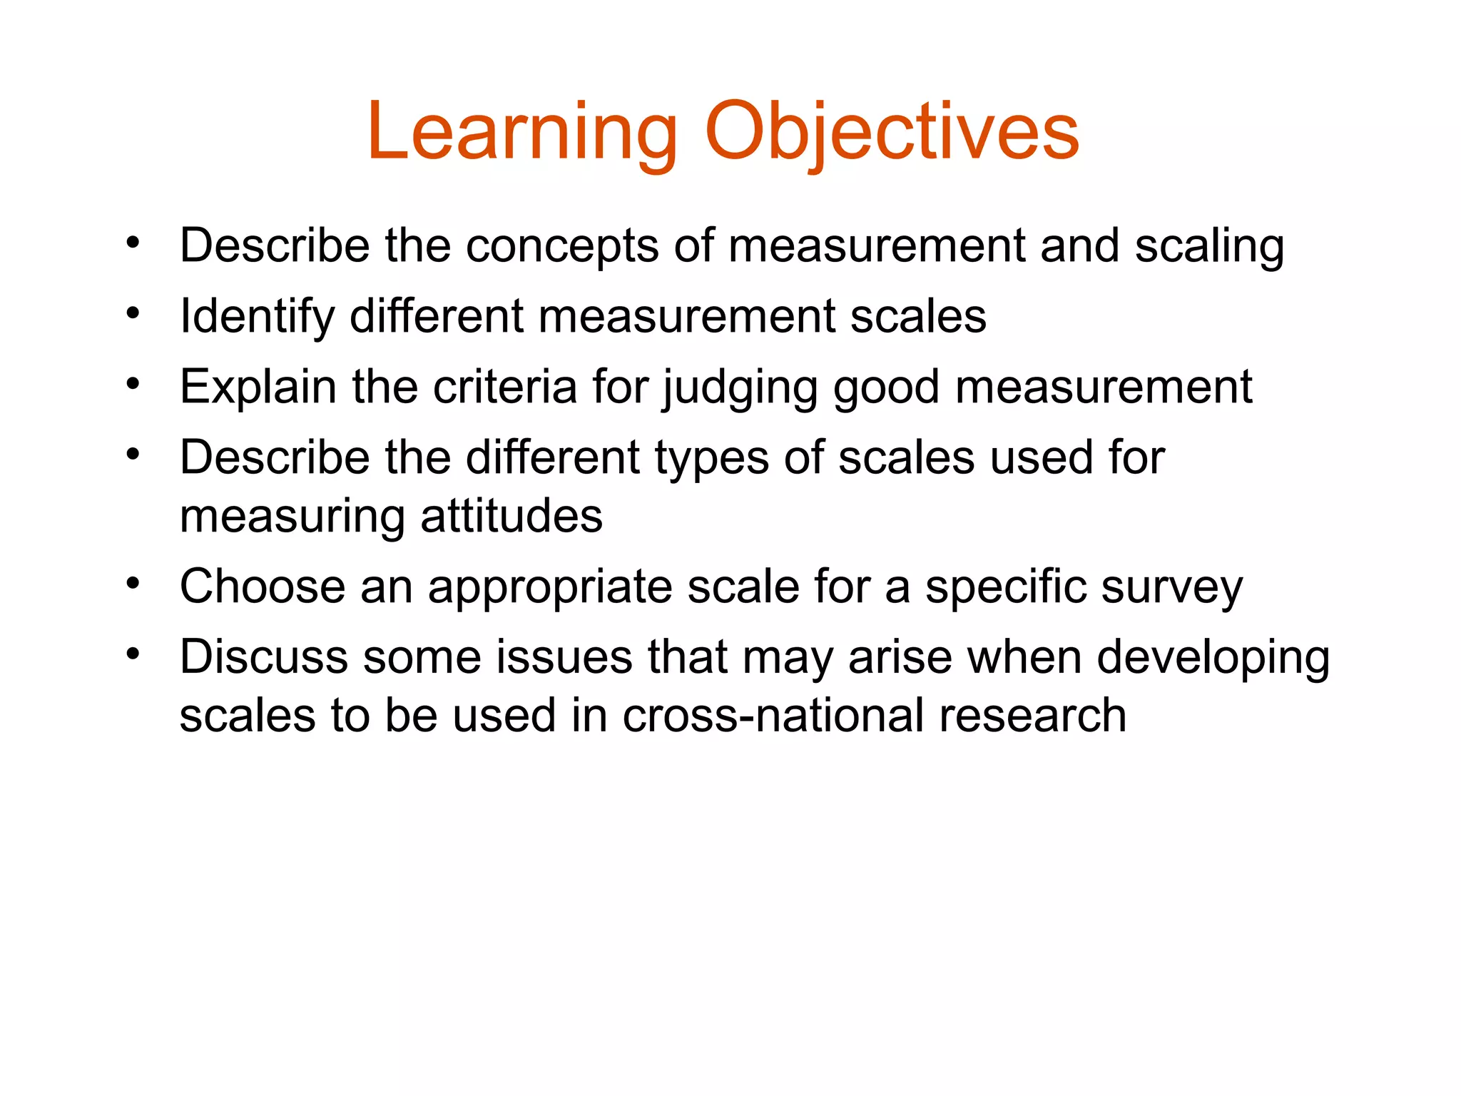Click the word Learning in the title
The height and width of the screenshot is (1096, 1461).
pyautogui.click(x=521, y=133)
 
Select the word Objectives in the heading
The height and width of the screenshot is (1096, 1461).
pyautogui.click(x=892, y=133)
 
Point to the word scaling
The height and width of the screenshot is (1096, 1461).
pyautogui.click(x=1209, y=246)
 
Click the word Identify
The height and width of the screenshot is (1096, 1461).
pyautogui.click(x=257, y=316)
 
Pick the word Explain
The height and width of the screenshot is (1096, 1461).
pyautogui.click(x=258, y=387)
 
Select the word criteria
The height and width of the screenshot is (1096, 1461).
pyautogui.click(x=505, y=387)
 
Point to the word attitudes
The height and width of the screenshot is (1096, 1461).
pyautogui.click(x=511, y=516)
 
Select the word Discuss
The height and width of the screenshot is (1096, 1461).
pyautogui.click(x=264, y=657)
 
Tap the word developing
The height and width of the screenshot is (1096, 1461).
pyautogui.click(x=1213, y=659)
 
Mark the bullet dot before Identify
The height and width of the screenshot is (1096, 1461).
pyautogui.click(x=133, y=313)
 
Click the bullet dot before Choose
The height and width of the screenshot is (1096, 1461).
pyautogui.click(x=133, y=584)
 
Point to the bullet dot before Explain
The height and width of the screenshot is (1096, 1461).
pyautogui.click(x=133, y=384)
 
